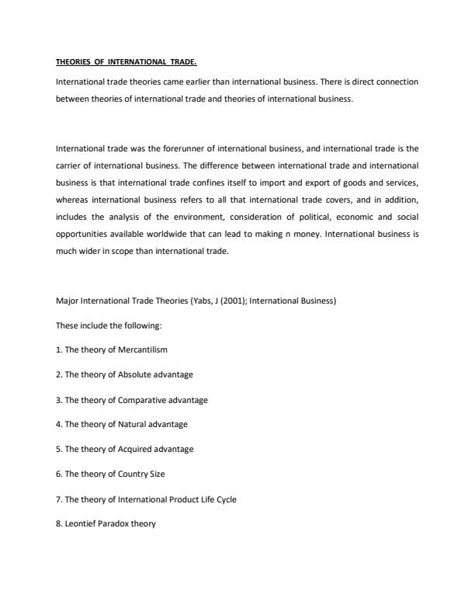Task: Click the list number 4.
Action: pos(59,425)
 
